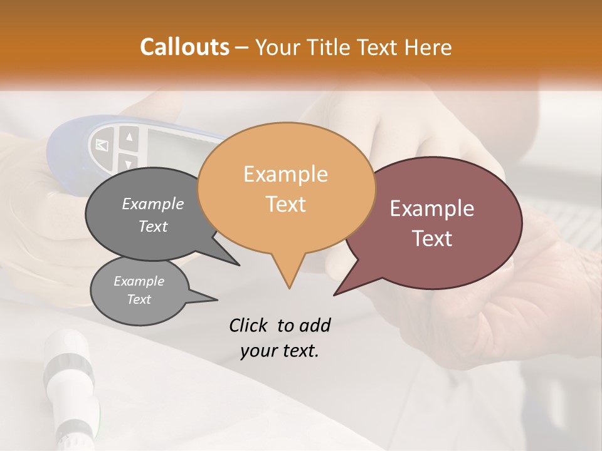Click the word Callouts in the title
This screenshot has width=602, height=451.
(184, 47)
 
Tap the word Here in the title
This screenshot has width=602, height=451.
(428, 48)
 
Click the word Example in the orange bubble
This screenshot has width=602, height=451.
(285, 174)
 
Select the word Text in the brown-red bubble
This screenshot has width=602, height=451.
(433, 239)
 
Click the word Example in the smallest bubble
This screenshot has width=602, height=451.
(139, 281)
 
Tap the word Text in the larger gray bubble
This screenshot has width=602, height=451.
(153, 226)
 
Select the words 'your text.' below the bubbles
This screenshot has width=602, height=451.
(280, 351)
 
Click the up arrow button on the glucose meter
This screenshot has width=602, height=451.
(130, 137)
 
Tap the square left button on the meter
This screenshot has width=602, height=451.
(102, 146)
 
